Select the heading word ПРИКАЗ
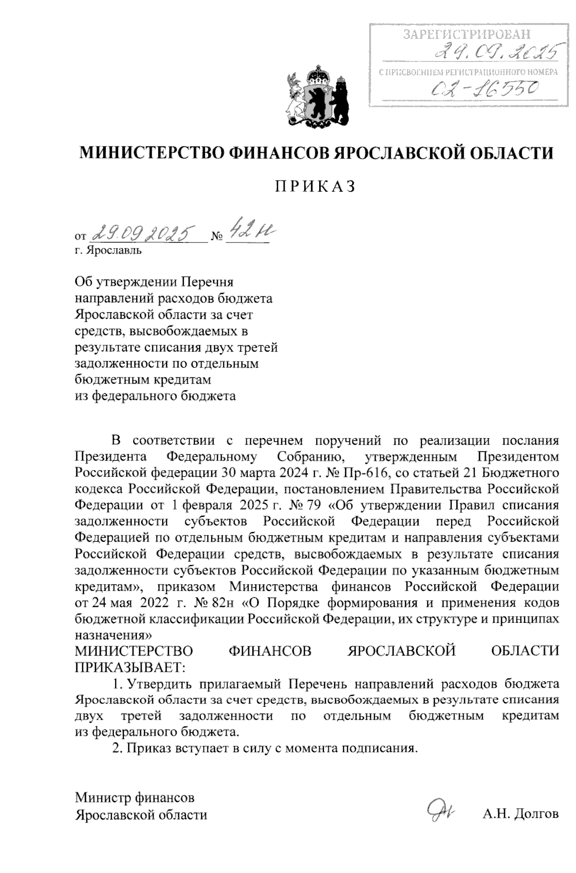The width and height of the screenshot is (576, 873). click(x=315, y=186)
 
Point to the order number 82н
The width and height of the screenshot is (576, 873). click(x=227, y=603)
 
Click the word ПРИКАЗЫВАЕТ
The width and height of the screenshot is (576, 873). click(x=130, y=667)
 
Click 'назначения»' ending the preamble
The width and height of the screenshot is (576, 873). click(x=114, y=635)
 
